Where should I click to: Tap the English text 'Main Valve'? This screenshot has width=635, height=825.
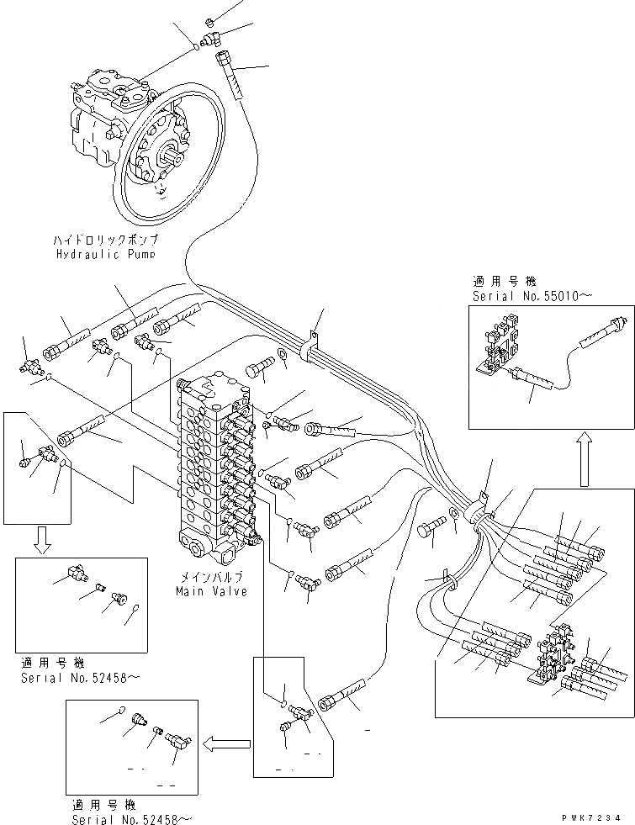(x=212, y=591)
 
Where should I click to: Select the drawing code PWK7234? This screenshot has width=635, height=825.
(x=594, y=817)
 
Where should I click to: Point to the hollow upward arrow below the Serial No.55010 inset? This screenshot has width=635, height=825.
(x=582, y=458)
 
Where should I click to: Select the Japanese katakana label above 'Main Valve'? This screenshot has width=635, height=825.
(x=212, y=579)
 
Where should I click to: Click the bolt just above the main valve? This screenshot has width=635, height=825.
(x=260, y=368)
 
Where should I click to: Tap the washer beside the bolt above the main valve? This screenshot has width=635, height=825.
(x=281, y=357)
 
